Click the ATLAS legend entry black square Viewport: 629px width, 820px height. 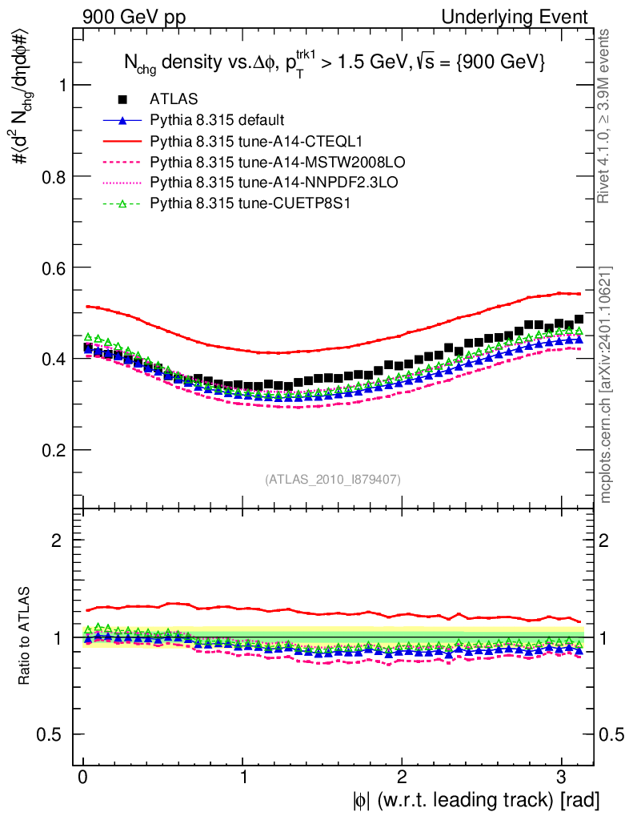click(122, 99)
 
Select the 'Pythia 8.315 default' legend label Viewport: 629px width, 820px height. click(216, 120)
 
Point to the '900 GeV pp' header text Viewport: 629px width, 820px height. click(134, 17)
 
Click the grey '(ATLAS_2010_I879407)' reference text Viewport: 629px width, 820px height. click(333, 479)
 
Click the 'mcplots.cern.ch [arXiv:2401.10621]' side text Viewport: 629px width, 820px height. click(607, 384)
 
